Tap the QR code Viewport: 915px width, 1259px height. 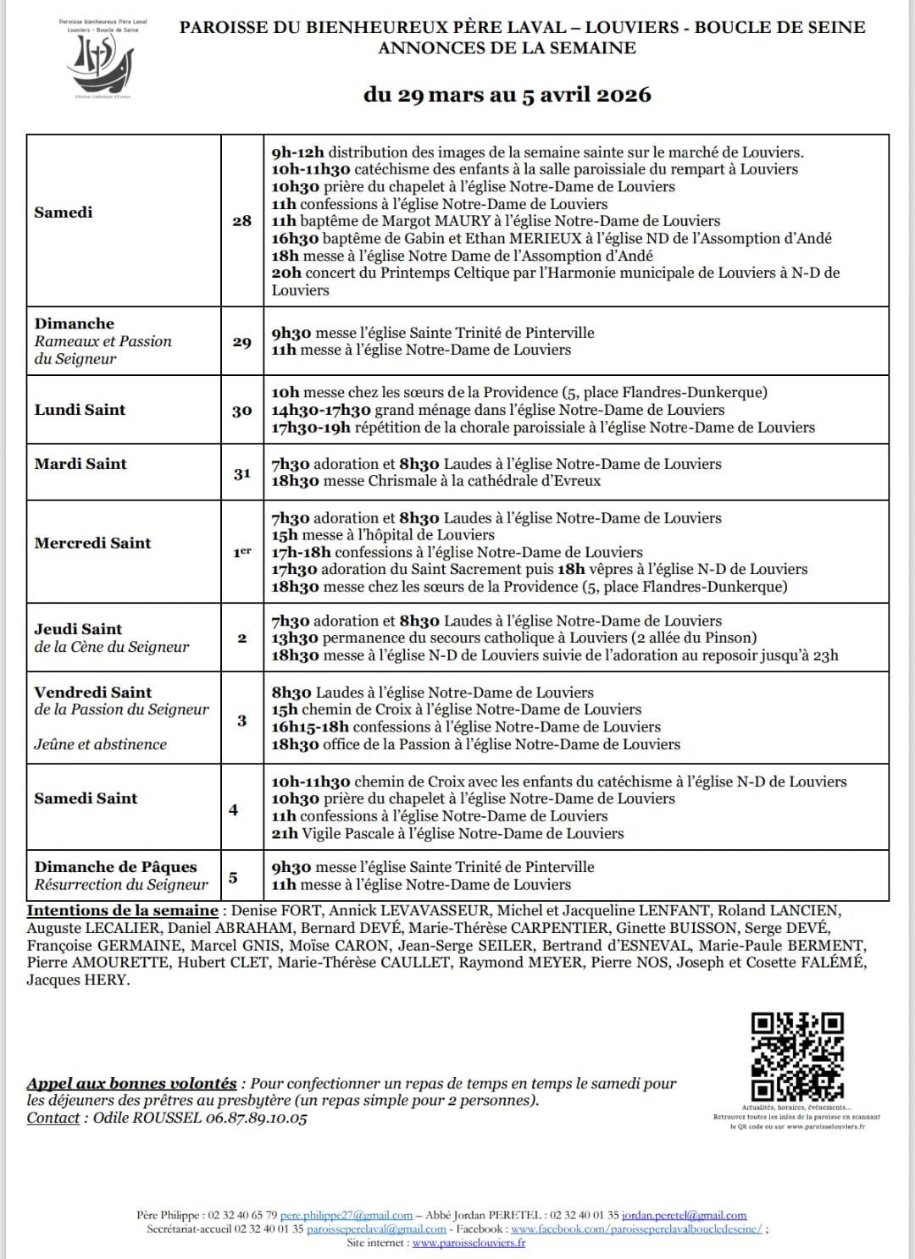coord(797,1057)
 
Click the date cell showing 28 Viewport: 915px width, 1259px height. coord(241,221)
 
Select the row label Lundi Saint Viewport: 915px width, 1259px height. coord(80,410)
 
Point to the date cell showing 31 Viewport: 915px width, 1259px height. coord(241,472)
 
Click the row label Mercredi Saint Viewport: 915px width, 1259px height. coord(92,544)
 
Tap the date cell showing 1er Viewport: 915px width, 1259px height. coord(241,552)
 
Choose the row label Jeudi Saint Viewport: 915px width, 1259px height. coord(78,629)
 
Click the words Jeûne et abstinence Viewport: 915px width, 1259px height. coord(100,744)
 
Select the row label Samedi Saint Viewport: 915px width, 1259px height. coord(86,798)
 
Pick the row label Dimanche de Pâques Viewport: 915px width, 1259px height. coord(115,867)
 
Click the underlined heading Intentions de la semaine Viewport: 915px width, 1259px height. coord(123,911)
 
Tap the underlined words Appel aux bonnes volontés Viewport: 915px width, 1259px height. coord(131,1084)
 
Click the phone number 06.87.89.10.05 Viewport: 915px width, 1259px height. coord(258,1118)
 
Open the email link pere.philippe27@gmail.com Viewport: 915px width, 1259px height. coord(347,1215)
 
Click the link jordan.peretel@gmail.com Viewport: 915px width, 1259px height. coord(684,1215)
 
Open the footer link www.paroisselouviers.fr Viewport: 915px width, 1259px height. coord(469,1243)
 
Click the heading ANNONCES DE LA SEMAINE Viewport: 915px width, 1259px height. coord(507,48)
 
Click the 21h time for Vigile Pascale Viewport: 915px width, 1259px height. coord(285,833)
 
